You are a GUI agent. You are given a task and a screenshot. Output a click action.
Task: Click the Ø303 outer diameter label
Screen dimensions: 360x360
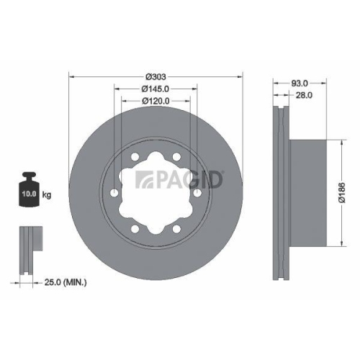tap(156, 76)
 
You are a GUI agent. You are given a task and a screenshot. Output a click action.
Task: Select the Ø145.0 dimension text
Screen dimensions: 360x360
tap(156, 89)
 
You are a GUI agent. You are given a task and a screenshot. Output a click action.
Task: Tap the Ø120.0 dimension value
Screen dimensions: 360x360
tap(156, 102)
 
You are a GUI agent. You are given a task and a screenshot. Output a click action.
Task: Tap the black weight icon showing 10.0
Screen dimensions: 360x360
tap(30, 192)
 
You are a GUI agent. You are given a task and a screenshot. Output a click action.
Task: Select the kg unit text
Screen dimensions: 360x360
tap(47, 194)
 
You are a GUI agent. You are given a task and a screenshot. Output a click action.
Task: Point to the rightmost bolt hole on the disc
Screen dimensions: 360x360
tap(197, 192)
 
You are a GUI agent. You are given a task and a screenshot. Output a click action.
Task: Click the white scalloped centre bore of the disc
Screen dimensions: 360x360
tap(156, 193)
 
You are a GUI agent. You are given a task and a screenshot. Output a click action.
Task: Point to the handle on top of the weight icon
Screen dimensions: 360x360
tap(30, 176)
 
